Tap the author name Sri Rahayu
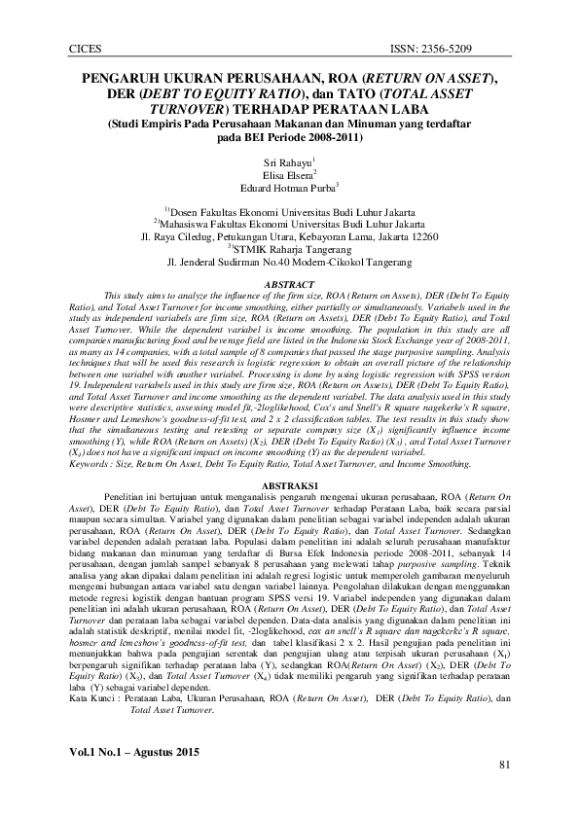pyautogui.click(x=287, y=161)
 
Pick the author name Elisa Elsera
pyautogui.click(x=287, y=175)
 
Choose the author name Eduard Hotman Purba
pyautogui.click(x=287, y=189)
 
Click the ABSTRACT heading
pyautogui.click(x=290, y=284)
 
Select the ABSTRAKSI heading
pyautogui.click(x=290, y=484)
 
